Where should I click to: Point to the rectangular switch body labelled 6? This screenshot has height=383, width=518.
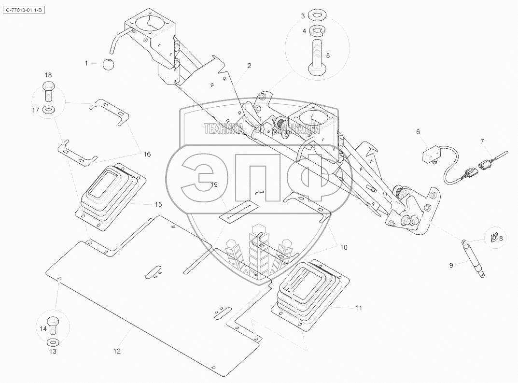432,155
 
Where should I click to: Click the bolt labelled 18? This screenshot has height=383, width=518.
48,89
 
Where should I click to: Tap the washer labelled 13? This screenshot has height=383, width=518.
53,342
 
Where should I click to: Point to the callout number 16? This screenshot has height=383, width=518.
147,154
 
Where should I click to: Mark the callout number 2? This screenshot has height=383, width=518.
249,65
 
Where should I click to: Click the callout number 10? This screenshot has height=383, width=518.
343,247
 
